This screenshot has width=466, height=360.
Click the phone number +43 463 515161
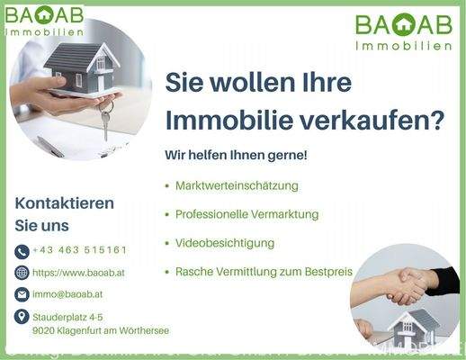[79, 250]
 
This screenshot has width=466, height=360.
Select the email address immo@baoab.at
[67, 293]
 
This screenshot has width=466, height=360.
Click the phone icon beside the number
[22, 251]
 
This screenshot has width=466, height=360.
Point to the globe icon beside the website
[22, 273]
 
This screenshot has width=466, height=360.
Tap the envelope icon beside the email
[22, 294]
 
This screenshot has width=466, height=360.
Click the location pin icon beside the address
[22, 316]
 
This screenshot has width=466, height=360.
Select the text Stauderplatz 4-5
[67, 317]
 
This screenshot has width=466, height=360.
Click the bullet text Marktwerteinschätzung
[236, 185]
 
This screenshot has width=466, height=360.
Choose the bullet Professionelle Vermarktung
[246, 214]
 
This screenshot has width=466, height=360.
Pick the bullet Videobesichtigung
[225, 243]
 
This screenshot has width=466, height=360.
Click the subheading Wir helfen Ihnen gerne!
[236, 155]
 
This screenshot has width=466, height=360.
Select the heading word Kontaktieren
[65, 203]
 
